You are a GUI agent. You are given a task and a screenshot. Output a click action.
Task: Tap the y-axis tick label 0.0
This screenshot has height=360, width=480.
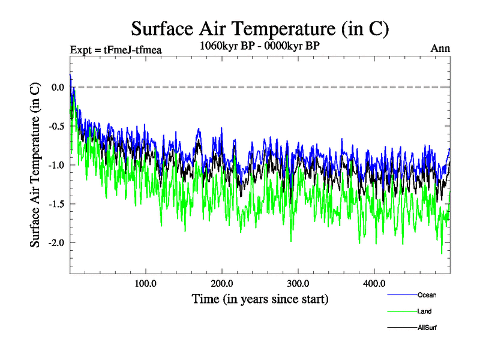(x=58, y=88)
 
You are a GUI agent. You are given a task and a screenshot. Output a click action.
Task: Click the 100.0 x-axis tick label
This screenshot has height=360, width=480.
(x=146, y=283)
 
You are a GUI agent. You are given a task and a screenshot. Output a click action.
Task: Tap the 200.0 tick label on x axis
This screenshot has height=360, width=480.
(x=222, y=283)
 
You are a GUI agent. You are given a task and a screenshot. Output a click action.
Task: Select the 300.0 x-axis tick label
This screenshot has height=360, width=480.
(x=298, y=283)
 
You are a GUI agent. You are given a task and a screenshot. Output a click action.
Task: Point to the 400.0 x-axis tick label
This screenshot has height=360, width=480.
(x=374, y=283)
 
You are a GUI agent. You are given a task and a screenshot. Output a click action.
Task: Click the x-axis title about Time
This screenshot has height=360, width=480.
(x=260, y=298)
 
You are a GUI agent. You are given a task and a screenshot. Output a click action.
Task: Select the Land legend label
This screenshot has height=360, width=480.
(x=424, y=311)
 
